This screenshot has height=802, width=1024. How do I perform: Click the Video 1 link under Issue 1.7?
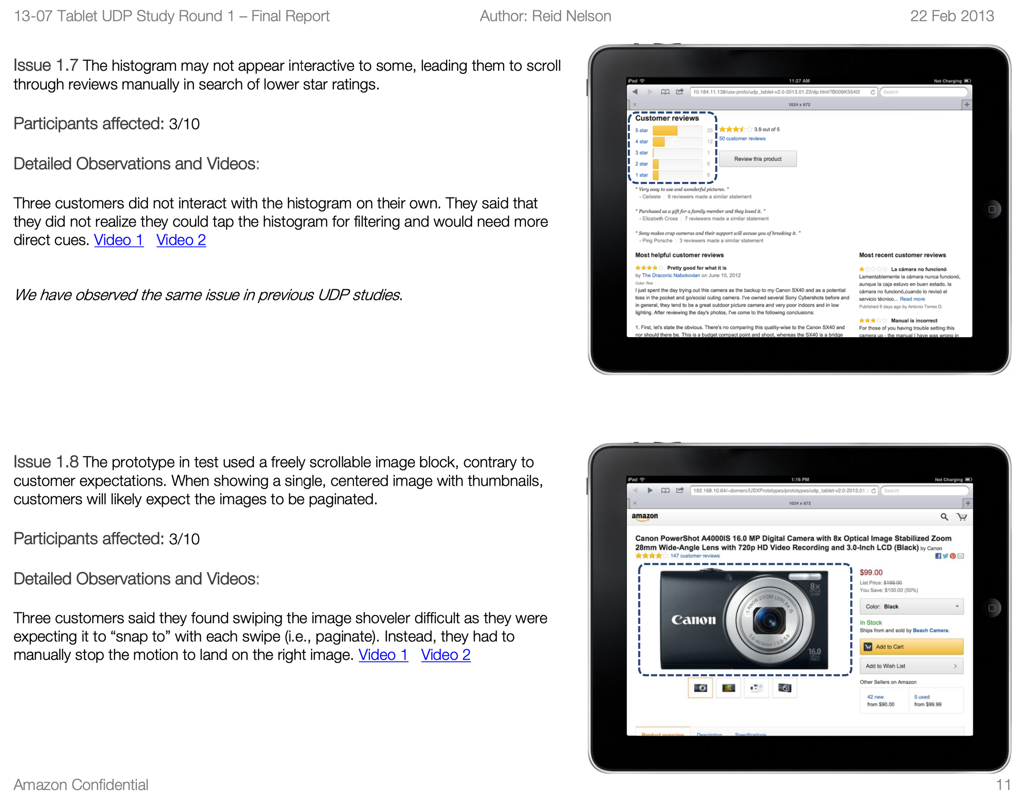point(118,240)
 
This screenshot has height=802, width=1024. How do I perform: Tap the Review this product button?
point(757,159)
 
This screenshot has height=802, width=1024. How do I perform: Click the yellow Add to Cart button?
point(911,647)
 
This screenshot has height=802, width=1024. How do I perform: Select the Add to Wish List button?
point(911,666)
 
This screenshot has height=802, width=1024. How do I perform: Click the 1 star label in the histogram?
point(641,175)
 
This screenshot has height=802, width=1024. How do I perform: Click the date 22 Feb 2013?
point(952,16)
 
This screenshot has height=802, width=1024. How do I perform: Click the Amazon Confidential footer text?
point(81,785)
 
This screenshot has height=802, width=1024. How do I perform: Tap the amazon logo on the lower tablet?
point(644,517)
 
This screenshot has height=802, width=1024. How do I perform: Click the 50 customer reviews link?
point(742,138)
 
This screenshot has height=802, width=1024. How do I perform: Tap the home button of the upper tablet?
point(992,209)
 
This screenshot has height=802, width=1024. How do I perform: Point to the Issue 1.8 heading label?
point(45,462)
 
